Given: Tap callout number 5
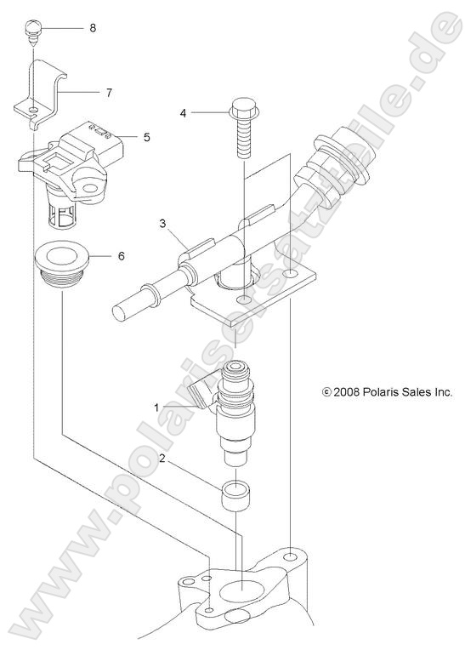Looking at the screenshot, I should coord(146,135).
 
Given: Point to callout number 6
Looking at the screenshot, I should coord(121,255).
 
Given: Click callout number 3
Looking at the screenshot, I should coord(162,224).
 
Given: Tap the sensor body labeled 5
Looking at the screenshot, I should coord(68,162).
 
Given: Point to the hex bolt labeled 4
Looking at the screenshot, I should coord(241,128).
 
